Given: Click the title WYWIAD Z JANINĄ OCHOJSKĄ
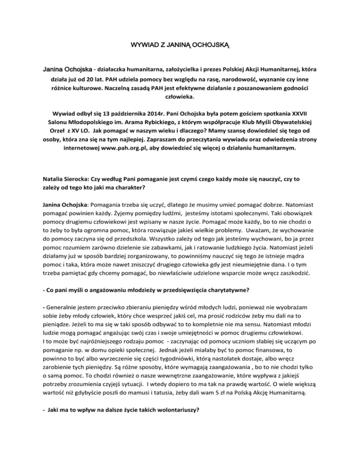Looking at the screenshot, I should pyautogui.click(x=180, y=47).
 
